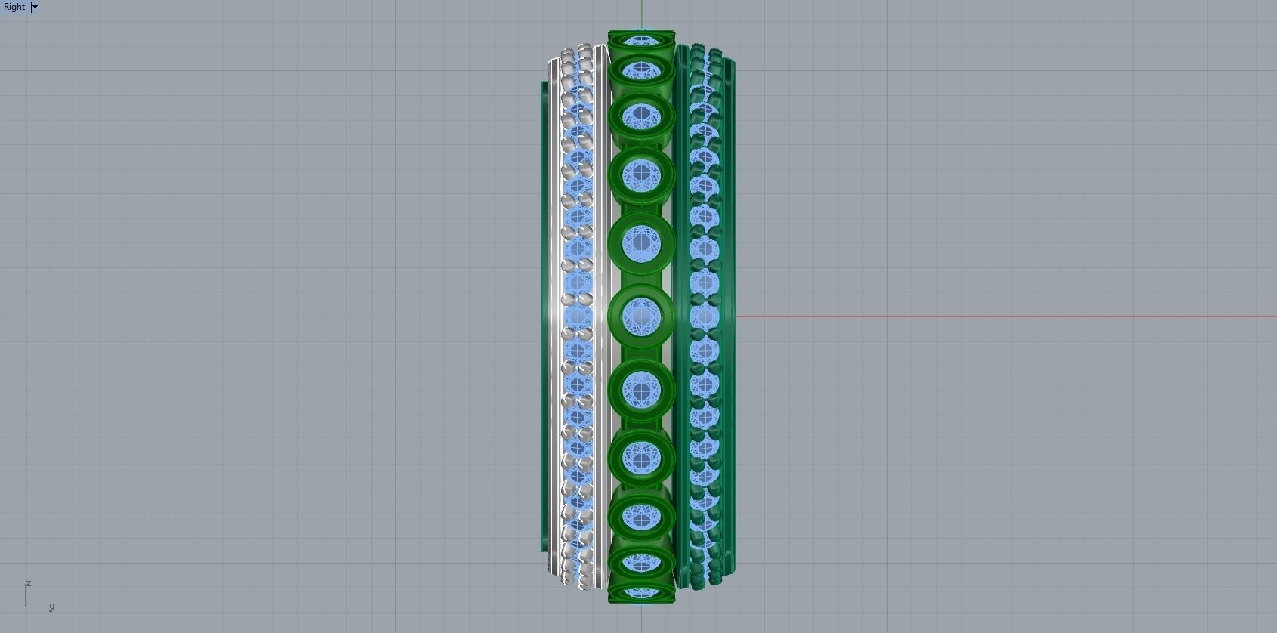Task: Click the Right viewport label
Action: [14, 7]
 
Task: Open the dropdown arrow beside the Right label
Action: [35, 7]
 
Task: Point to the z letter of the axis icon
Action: [28, 583]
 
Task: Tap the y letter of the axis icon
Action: [51, 606]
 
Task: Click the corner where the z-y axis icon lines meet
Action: [26, 606]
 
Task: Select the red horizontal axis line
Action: [982, 316]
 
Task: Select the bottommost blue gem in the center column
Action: [641, 592]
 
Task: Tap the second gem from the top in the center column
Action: [641, 71]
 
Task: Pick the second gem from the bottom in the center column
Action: [641, 563]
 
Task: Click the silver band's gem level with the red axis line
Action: [578, 316]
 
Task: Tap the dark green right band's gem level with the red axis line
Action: [705, 316]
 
